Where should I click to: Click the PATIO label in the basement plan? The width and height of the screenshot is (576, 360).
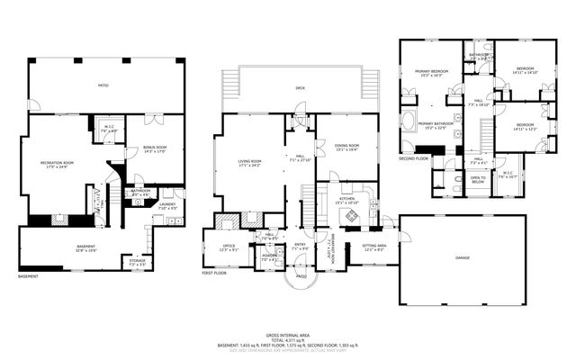click(103, 85)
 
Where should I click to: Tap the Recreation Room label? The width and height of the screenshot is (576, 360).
click(56, 164)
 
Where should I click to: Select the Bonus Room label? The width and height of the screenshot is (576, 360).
click(155, 148)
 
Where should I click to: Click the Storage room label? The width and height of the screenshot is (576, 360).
click(137, 262)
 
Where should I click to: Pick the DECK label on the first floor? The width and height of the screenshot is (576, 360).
click(300, 87)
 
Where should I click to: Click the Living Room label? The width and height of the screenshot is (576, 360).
click(237, 162)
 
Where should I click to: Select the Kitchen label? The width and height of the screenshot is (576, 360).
click(346, 199)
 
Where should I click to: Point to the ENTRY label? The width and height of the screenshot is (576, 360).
click(299, 245)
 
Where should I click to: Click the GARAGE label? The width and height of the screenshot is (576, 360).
click(463, 256)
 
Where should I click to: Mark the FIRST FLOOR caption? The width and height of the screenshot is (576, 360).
click(213, 273)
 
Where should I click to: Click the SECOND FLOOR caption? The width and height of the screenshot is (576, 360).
click(413, 158)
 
